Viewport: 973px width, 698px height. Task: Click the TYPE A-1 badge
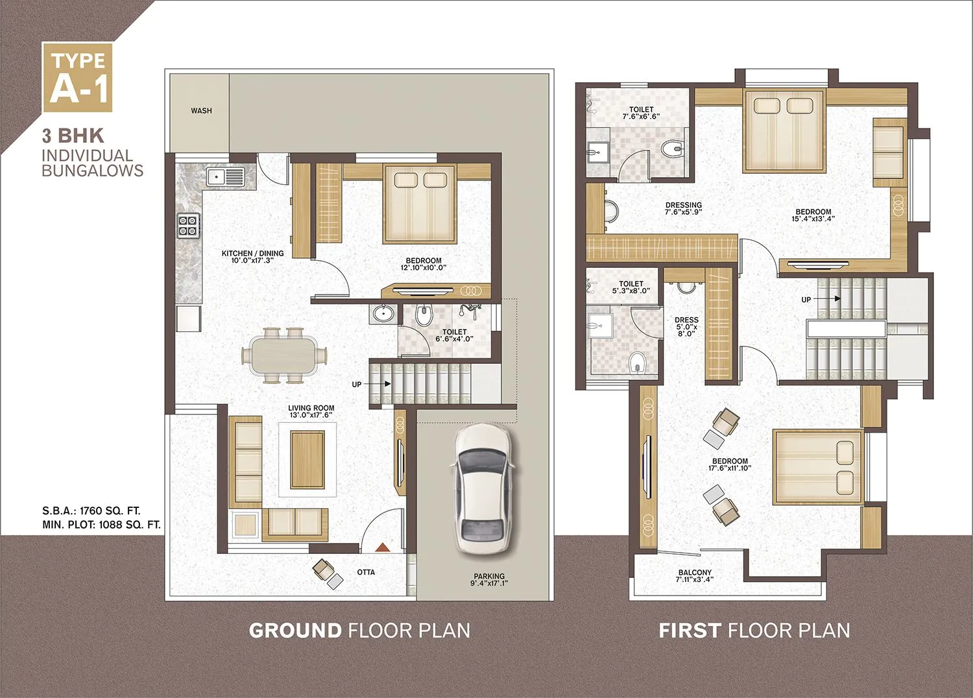pyautogui.click(x=77, y=77)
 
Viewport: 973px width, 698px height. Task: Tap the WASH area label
pyautogui.click(x=201, y=111)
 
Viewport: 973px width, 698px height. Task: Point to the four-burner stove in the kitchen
pyautogui.click(x=188, y=226)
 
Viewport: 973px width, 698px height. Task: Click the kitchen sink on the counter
pyautogui.click(x=225, y=176)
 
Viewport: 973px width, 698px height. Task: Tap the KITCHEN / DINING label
pyautogui.click(x=252, y=257)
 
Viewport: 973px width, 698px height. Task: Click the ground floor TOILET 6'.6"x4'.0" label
pyautogui.click(x=454, y=335)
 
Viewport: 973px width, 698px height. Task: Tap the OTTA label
pyautogui.click(x=366, y=572)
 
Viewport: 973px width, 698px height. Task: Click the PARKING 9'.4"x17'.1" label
pyautogui.click(x=489, y=580)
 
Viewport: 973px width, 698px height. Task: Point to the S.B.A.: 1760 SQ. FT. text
pyautogui.click(x=91, y=511)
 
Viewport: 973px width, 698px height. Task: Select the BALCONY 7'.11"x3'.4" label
pyautogui.click(x=695, y=576)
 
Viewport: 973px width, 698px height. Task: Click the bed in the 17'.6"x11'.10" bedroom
pyautogui.click(x=818, y=466)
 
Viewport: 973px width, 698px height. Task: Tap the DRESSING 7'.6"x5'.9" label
pyautogui.click(x=684, y=208)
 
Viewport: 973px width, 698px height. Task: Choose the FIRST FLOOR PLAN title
pyautogui.click(x=754, y=631)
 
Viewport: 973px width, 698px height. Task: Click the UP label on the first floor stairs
pyautogui.click(x=806, y=300)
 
